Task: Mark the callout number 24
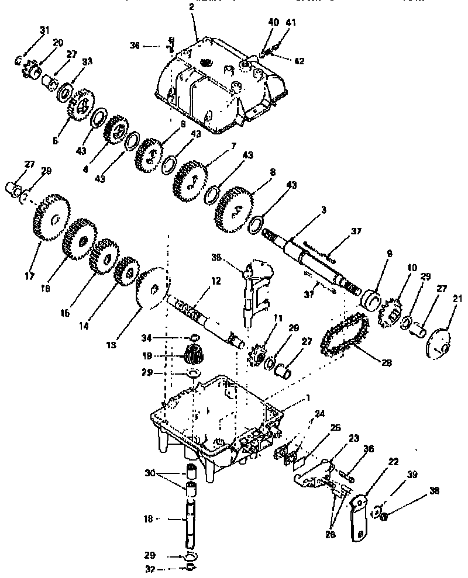319,413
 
